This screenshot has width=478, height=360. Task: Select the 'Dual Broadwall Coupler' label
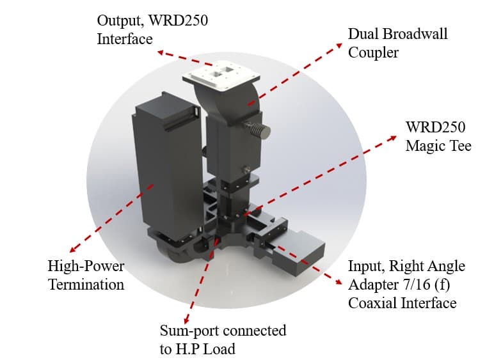(397, 42)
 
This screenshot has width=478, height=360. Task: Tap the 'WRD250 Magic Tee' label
(438, 136)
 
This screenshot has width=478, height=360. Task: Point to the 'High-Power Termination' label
(86, 274)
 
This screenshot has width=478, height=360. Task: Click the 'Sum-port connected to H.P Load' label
(222, 340)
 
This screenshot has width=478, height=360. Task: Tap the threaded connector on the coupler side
(259, 130)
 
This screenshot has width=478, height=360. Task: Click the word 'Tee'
(458, 146)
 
